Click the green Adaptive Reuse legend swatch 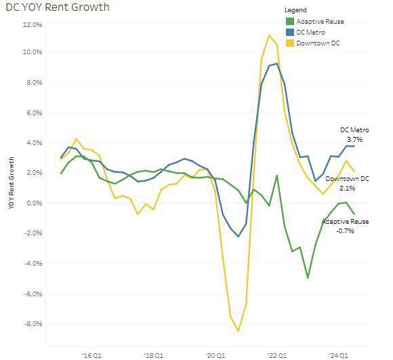(290, 22)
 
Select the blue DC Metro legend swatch (290, 32)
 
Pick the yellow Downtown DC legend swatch (290, 43)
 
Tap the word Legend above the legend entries (296, 10)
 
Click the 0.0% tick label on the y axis (34, 203)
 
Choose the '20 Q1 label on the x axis (216, 355)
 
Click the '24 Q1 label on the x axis (339, 355)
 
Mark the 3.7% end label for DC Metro (356, 139)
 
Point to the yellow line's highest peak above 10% (269, 35)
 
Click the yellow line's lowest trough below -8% (239, 331)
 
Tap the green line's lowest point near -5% (308, 277)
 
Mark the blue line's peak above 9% (276, 64)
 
